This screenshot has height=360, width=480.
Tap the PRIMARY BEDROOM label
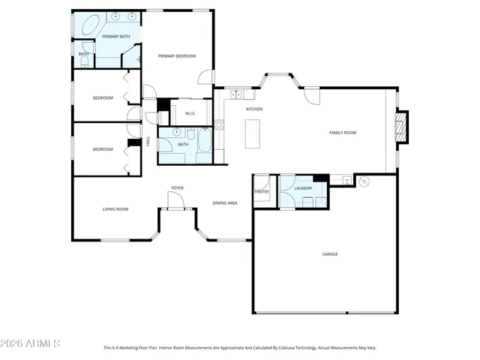point(177,56)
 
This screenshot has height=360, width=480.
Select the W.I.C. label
point(190,113)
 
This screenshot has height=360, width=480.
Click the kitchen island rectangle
point(253,133)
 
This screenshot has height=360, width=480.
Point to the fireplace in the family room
point(402,127)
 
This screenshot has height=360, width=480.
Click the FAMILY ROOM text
point(342,133)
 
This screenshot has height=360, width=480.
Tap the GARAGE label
point(330,254)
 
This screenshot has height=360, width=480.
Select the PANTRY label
point(262,192)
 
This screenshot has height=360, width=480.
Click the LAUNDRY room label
point(303,188)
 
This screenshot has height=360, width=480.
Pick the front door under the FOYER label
point(175,200)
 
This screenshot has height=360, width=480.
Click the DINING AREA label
point(225,203)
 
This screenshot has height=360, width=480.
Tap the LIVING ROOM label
point(115,209)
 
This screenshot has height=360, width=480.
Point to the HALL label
point(148,140)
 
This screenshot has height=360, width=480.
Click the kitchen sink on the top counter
point(236,94)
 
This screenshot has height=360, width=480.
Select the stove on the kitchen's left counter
point(219,124)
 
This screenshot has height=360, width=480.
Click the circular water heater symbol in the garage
point(365,181)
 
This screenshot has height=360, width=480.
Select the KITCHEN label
point(254,109)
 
